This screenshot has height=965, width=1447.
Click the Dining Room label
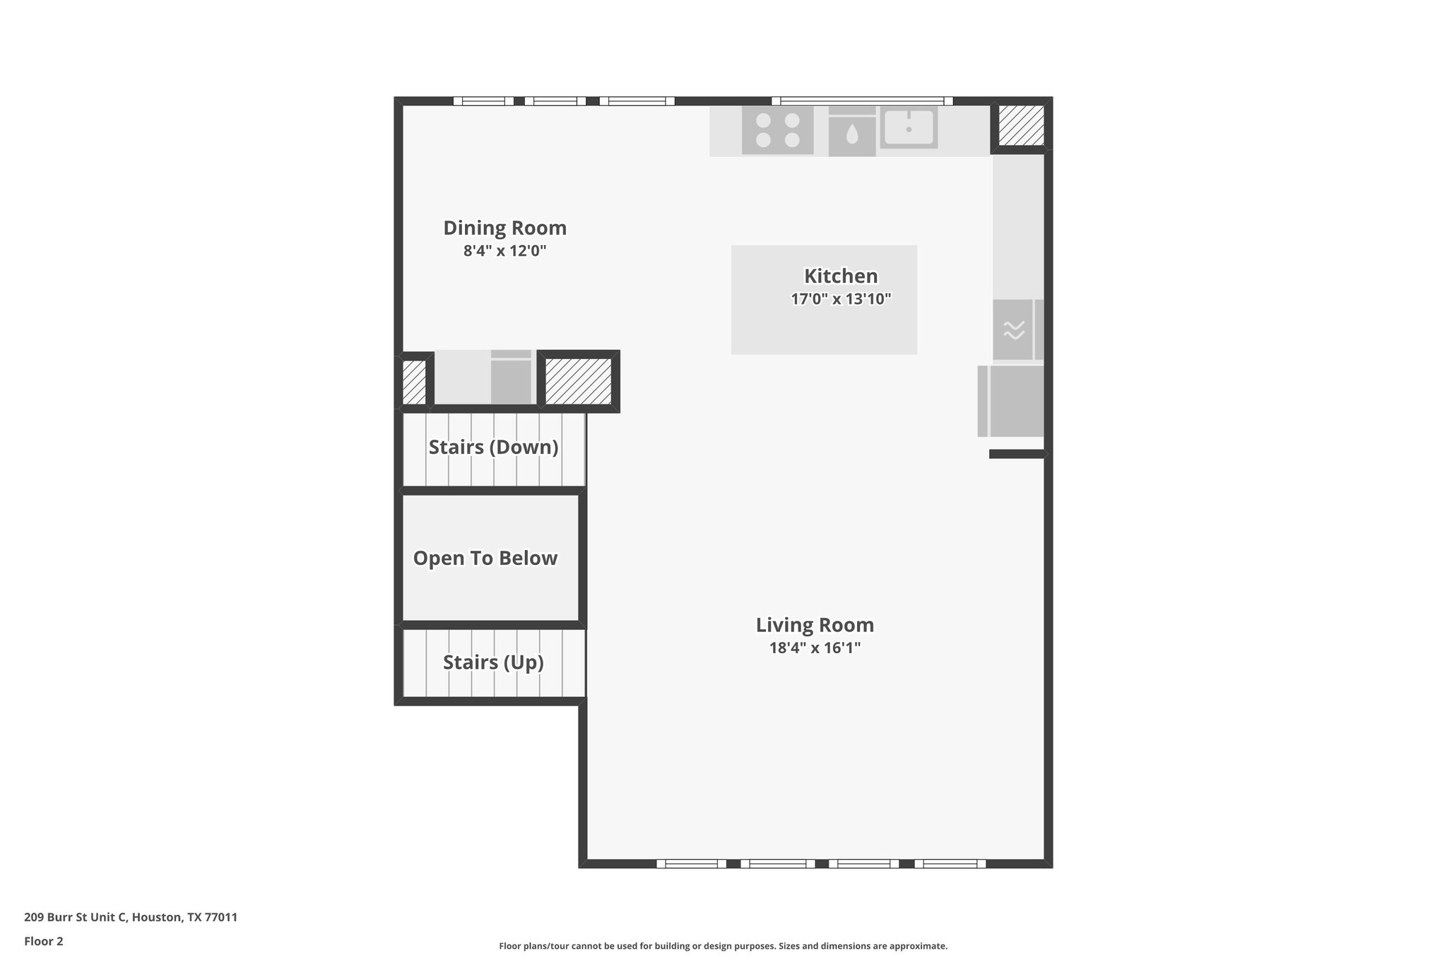click(x=504, y=228)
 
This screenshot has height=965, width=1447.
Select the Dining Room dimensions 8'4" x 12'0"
click(x=504, y=251)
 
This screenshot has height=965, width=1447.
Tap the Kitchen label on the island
click(x=841, y=276)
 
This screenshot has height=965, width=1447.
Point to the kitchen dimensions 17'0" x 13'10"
click(x=841, y=299)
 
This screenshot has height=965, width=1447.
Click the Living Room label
click(x=815, y=625)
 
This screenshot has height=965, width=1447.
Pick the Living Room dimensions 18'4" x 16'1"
click(x=815, y=648)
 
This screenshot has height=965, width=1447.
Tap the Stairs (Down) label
click(x=493, y=448)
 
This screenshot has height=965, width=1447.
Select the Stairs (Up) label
click(x=493, y=662)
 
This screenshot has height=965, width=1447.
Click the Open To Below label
click(x=485, y=558)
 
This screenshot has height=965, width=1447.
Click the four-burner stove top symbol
click(x=777, y=130)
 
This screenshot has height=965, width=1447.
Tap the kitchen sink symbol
click(x=909, y=128)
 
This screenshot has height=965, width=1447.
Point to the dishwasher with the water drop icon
click(x=852, y=132)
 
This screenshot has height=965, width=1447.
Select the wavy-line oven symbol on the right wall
click(x=1014, y=329)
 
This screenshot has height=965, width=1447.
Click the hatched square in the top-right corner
click(x=1021, y=126)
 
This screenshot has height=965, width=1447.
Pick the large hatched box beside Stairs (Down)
click(x=578, y=381)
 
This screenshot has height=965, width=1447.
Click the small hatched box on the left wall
click(x=414, y=382)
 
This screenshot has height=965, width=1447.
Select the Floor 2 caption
click(x=44, y=941)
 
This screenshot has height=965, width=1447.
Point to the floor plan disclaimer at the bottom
click(x=723, y=946)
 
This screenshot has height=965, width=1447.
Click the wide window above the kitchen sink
click(x=862, y=101)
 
